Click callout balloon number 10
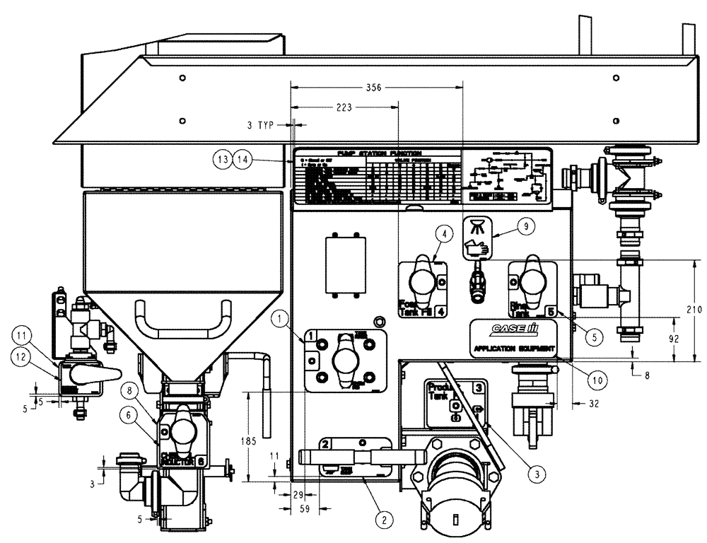598,380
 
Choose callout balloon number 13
224,160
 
